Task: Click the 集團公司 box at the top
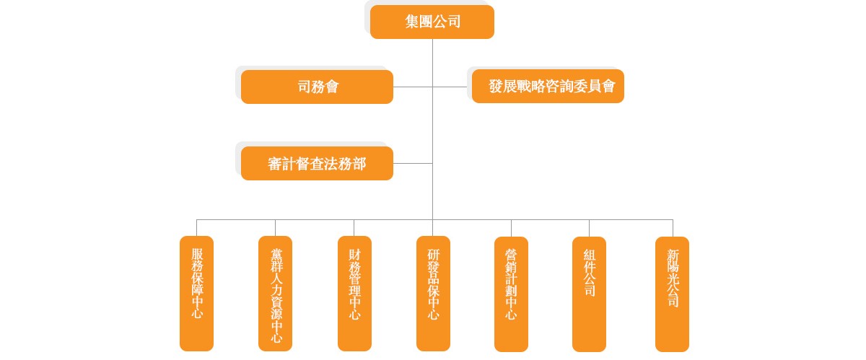click(432, 22)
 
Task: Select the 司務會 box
click(317, 87)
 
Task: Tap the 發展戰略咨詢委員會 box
click(548, 87)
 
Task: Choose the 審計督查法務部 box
click(317, 164)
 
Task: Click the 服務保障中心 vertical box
click(196, 293)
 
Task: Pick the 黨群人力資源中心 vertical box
click(275, 293)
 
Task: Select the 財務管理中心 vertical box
click(354, 293)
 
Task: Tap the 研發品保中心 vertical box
click(433, 293)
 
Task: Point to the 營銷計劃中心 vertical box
click(511, 293)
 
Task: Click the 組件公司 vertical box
click(589, 293)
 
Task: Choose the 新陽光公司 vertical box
click(672, 293)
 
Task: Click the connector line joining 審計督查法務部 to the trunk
click(413, 164)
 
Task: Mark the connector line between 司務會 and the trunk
click(413, 87)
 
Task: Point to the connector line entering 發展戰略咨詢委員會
click(451, 87)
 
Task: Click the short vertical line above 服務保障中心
click(196, 227)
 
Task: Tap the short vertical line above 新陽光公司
click(673, 227)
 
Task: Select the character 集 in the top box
click(412, 22)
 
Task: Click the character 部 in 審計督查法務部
click(359, 164)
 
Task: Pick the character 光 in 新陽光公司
click(673, 281)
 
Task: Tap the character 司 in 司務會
click(304, 87)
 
